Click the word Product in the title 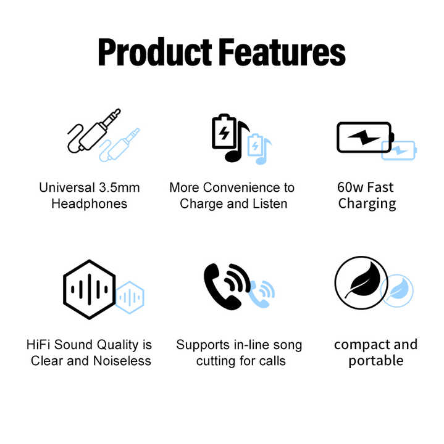coord(155,52)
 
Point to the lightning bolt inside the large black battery coord(364,138)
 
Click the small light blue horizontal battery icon coord(399,150)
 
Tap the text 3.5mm coord(119,187)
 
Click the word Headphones coord(90,204)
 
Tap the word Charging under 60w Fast coord(367,204)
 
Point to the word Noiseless coord(122,361)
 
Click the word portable coord(376,361)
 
